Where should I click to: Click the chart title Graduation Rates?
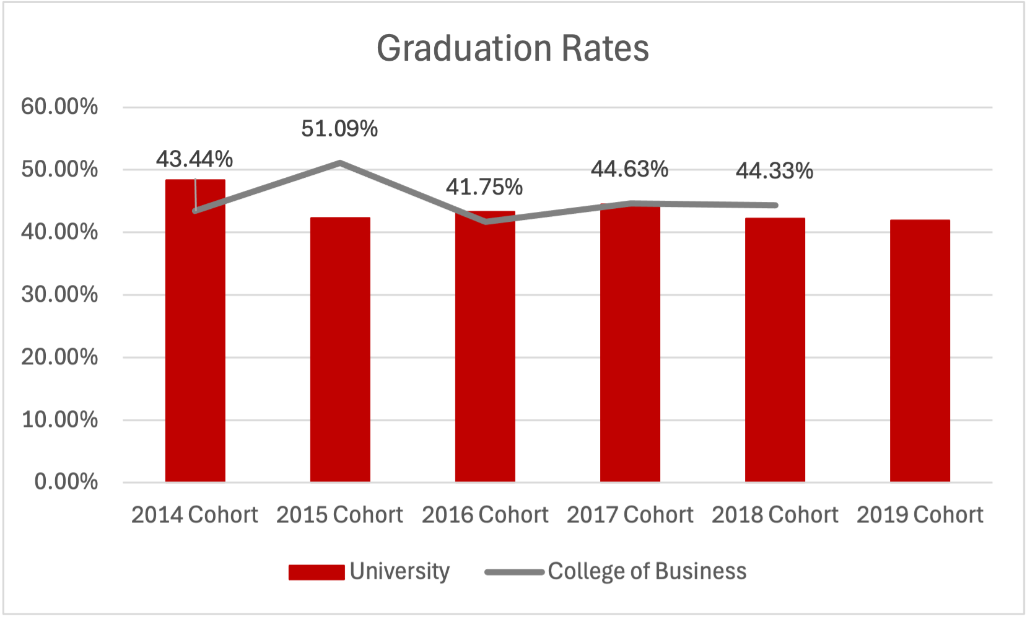(513, 48)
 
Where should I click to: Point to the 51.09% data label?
(339, 129)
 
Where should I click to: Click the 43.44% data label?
(194, 159)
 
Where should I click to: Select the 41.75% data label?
(484, 187)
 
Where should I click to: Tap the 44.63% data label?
(629, 169)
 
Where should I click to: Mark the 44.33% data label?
(774, 170)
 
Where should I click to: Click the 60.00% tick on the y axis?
(59, 107)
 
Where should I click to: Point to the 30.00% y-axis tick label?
(59, 294)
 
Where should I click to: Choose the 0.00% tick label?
(66, 481)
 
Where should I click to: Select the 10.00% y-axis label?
(59, 419)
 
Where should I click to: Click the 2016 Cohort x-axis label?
(485, 515)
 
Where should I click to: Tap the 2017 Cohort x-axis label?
(630, 515)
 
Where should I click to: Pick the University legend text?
(399, 571)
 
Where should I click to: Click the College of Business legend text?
(647, 571)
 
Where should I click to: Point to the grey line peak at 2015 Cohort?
(340, 163)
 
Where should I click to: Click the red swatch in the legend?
(316, 572)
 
